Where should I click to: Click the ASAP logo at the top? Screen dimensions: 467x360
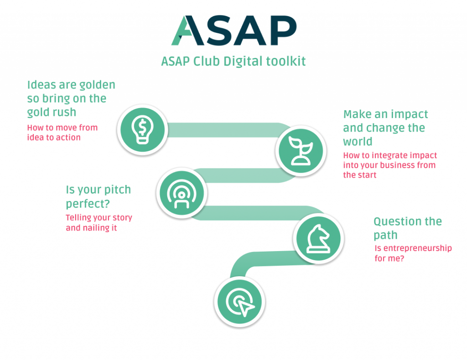(x=234, y=31)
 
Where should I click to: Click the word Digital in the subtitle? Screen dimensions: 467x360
(x=243, y=61)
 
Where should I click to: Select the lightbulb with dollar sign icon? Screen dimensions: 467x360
(x=142, y=130)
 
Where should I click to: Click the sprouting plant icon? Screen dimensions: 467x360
(x=301, y=151)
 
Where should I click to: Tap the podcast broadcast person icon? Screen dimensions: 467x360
(x=182, y=193)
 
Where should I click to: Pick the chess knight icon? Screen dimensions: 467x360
(x=318, y=239)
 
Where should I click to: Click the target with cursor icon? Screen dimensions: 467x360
(x=240, y=302)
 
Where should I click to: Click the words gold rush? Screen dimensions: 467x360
(x=52, y=113)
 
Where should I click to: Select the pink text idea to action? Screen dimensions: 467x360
(x=54, y=138)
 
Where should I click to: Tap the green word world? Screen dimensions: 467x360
(x=358, y=142)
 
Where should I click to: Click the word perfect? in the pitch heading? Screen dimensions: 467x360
(x=88, y=204)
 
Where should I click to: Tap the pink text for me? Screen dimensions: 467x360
(x=389, y=258)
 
